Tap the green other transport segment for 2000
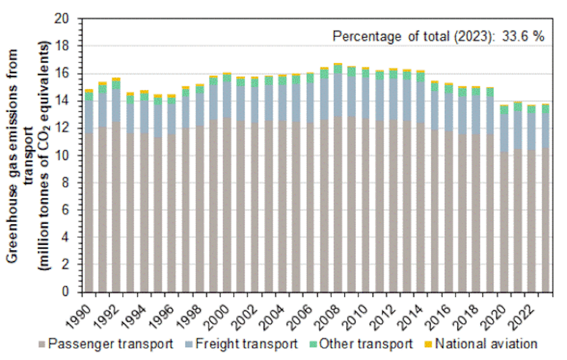point(227,78)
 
